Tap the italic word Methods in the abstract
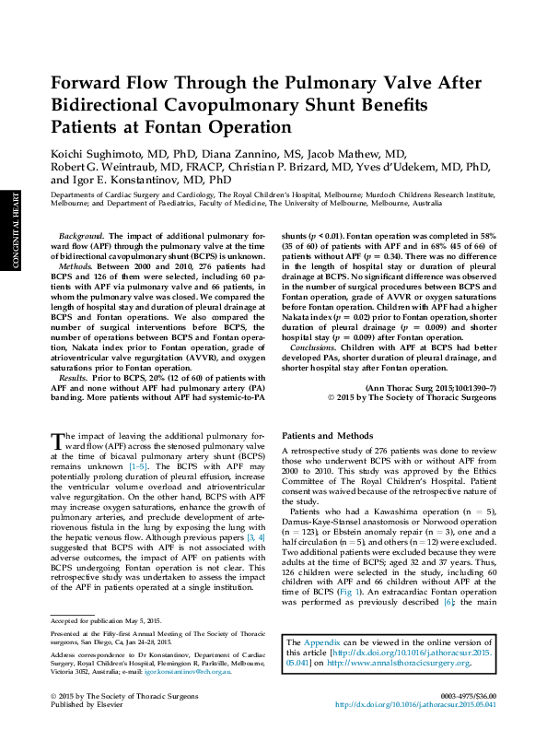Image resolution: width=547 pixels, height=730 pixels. pyautogui.click(x=79, y=265)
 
